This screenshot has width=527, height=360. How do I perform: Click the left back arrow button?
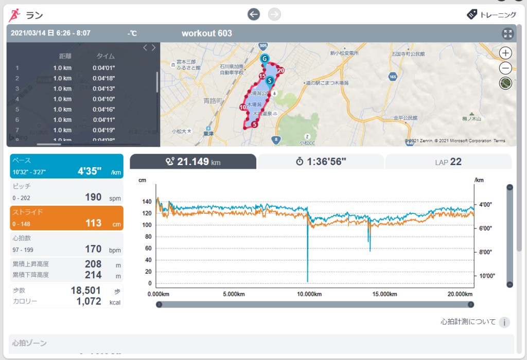254,14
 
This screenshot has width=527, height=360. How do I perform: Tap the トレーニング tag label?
491,14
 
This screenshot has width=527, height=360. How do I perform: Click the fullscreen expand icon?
508,33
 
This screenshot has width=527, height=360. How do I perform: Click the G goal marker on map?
265,59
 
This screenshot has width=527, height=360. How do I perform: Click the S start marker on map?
270,80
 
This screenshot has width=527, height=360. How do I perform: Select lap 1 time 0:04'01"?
103,68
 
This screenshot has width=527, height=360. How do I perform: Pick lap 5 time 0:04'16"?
103,109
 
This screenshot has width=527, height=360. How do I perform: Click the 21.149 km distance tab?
193,161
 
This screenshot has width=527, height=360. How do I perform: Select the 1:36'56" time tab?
321,161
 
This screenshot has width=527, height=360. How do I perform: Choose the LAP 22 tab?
448,161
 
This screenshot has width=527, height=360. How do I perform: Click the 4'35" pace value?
90,171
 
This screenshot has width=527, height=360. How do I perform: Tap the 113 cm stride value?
94,223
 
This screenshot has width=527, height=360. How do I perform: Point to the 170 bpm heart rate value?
93,249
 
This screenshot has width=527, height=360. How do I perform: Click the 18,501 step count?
85,290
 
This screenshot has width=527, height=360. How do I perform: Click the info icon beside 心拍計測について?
504,322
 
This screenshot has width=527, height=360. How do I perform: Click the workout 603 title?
206,33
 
